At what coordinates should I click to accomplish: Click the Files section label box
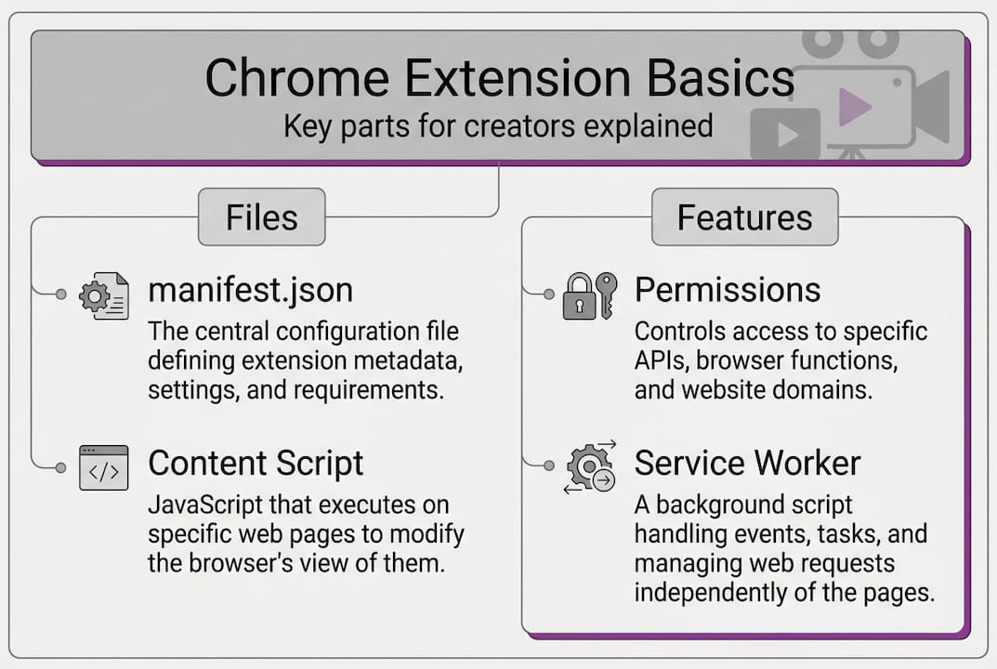[261, 216]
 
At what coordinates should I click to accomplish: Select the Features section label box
[744, 216]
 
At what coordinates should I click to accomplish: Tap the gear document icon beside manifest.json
[104, 295]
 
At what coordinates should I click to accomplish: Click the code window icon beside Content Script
[104, 467]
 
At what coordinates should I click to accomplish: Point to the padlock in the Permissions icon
[579, 297]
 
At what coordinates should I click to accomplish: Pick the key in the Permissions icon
[607, 295]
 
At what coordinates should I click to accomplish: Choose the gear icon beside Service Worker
[590, 467]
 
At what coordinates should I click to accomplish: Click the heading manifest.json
[251, 290]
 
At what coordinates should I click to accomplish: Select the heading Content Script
[256, 463]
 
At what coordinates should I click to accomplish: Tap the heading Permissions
[728, 290]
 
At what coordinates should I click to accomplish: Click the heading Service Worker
[747, 463]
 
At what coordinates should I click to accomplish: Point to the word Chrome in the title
[297, 77]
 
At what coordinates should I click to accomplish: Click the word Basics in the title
[720, 77]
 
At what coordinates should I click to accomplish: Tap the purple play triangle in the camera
[854, 107]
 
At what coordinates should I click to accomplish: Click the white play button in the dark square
[788, 135]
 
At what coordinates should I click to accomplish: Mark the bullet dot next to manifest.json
[61, 294]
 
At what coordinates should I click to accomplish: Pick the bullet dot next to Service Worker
[549, 466]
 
